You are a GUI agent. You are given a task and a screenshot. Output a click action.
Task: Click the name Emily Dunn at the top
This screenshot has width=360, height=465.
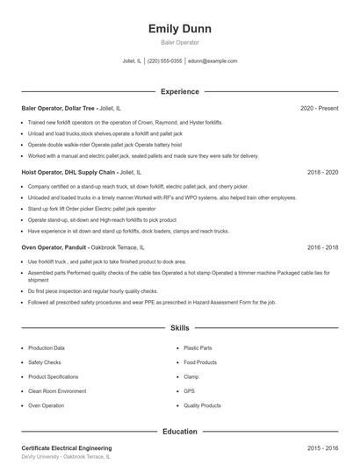[x=180, y=29]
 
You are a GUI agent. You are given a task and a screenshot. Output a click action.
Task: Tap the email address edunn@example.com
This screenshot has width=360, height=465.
[x=213, y=61]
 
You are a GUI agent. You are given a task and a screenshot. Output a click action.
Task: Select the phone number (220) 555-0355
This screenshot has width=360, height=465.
[x=165, y=61]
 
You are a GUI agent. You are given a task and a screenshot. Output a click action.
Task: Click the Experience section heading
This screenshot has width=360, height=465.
[x=180, y=91]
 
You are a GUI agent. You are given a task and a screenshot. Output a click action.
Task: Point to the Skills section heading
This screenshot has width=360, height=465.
[x=180, y=328]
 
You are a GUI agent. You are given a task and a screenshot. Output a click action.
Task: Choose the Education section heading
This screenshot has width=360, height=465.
[x=180, y=432]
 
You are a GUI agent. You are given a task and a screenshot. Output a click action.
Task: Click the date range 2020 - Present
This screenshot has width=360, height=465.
[x=319, y=108]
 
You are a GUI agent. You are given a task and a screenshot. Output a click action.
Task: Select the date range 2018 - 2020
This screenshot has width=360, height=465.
[x=322, y=173]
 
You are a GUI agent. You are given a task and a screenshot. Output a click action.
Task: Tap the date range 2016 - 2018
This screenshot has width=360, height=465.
[x=322, y=247]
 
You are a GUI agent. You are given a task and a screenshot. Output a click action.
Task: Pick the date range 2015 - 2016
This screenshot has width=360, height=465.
[x=322, y=448]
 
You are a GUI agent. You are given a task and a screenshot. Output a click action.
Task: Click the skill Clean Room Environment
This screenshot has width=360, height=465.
[x=57, y=391]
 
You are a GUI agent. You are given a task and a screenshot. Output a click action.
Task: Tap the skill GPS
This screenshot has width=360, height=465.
[x=189, y=391]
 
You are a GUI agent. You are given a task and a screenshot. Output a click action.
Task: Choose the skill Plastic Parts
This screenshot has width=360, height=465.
[x=198, y=348]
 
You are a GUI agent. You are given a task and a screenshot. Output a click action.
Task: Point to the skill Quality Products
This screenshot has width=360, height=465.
[x=202, y=406]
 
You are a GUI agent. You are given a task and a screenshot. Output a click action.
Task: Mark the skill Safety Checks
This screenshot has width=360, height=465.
[x=45, y=362]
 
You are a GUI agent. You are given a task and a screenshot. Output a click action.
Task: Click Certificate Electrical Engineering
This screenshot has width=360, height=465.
[x=67, y=448]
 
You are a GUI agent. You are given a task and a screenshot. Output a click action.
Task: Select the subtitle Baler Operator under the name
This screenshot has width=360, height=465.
[x=180, y=42]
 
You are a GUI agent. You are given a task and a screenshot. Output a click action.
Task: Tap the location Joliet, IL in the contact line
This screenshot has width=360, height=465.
[x=132, y=61]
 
